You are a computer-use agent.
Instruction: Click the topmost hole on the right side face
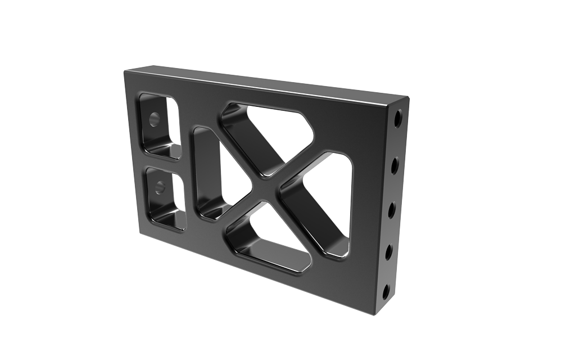(398, 119)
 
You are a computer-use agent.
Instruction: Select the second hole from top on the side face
(396, 164)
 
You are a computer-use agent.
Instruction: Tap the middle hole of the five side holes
(393, 209)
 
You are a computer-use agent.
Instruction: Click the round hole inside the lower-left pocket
(160, 186)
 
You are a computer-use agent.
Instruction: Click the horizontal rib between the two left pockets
(160, 159)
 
